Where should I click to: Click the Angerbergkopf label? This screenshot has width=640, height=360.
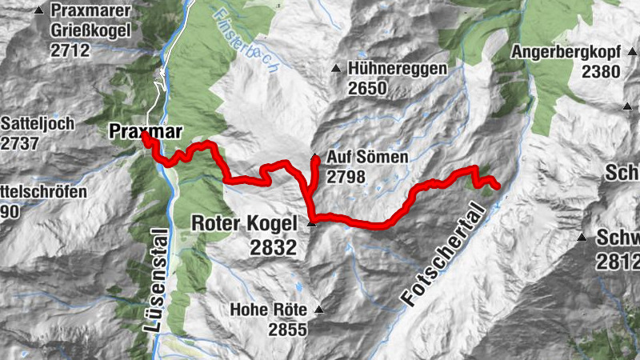click(x=568, y=53)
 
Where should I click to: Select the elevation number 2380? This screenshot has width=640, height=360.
click(x=601, y=72)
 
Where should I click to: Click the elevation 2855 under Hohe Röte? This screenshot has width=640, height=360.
click(x=287, y=330)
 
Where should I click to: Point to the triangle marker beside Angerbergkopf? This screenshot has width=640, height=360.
click(x=502, y=53)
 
